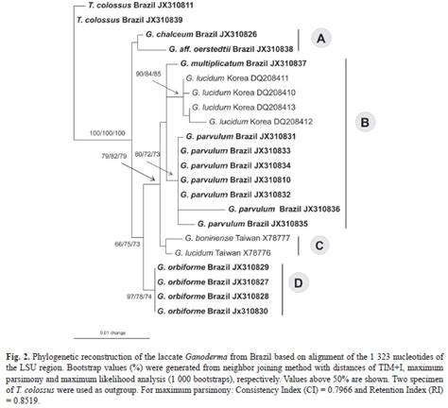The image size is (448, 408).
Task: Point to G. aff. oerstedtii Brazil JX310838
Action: pos(231,47)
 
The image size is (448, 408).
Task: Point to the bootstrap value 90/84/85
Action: pos(149,75)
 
